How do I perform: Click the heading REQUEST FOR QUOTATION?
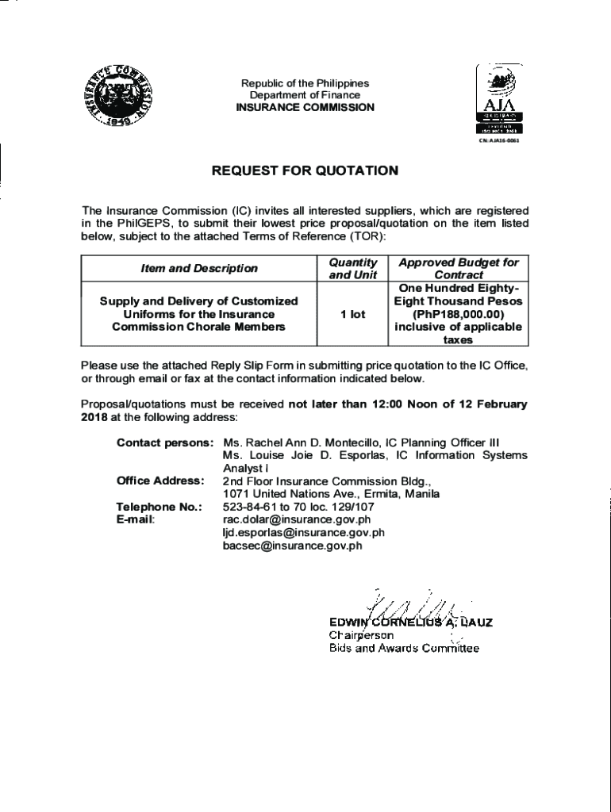305,170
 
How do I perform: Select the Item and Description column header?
199,268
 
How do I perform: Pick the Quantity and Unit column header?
352,268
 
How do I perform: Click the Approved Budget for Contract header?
458,268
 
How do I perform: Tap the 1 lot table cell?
352,314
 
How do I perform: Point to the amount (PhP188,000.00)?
458,314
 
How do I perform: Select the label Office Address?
160,481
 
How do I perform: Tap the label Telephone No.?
159,507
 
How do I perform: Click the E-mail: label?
136,519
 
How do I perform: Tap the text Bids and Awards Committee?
404,649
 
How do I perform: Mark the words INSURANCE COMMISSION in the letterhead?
305,108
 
